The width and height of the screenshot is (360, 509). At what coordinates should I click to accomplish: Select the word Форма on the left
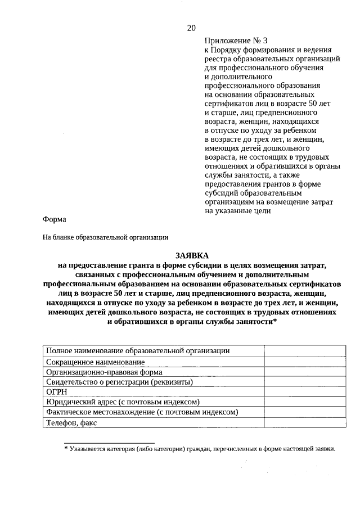point(54,219)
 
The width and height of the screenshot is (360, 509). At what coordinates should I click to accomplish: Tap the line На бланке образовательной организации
point(106,237)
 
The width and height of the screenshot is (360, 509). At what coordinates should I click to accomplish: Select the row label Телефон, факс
point(72,422)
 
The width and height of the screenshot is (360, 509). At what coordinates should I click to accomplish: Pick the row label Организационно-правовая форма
point(103,372)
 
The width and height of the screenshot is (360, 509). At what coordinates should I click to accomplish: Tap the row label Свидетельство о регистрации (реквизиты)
point(119,382)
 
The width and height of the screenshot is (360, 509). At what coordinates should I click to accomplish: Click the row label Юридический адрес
point(123,402)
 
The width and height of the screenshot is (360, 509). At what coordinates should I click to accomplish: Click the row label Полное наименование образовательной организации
point(138,351)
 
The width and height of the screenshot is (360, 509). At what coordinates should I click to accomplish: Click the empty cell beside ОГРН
point(291,392)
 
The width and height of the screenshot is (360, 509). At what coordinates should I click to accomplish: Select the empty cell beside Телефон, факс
point(291,422)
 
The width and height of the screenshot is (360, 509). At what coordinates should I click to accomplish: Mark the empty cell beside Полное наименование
point(291,351)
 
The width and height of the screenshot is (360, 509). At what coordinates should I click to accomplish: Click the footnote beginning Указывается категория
point(200,449)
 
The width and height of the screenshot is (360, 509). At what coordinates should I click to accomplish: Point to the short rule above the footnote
point(109,443)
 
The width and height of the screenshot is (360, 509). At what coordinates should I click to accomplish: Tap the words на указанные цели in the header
point(238,211)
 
